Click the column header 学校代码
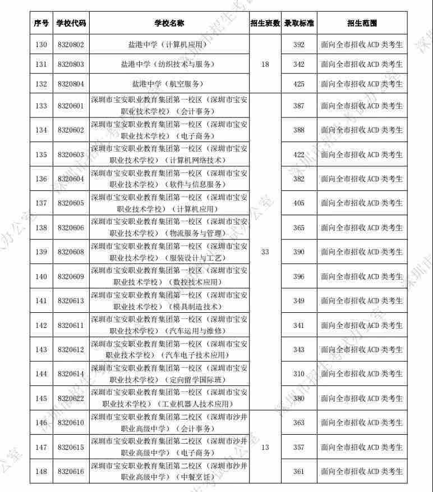[x=71, y=24]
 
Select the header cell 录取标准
[x=298, y=24]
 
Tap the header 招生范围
[x=362, y=24]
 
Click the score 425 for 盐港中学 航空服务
[x=298, y=84]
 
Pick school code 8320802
[x=71, y=44]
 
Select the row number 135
[x=41, y=154]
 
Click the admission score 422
[x=298, y=154]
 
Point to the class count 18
[x=265, y=65]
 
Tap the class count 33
[x=265, y=252]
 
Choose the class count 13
[x=265, y=447]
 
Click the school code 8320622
[x=71, y=398]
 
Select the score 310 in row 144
[x=298, y=374]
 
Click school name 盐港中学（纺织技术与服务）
[x=169, y=65]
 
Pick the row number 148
[x=41, y=472]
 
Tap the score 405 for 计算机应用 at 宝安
[x=298, y=203]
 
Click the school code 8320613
[x=71, y=301]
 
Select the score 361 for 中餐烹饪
[x=298, y=472]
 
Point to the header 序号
[x=41, y=24]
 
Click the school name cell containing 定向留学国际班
[x=169, y=374]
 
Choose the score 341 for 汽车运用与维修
[x=298, y=325]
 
